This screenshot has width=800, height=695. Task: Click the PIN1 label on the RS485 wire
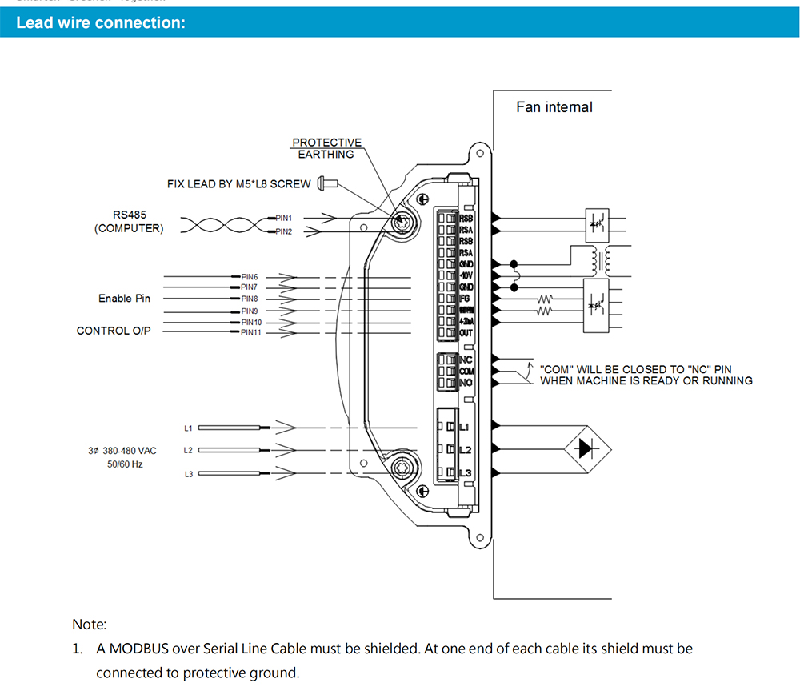284,218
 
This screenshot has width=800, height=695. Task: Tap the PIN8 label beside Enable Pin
250,299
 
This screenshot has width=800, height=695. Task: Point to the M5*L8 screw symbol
328,183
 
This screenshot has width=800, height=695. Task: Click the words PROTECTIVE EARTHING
326,148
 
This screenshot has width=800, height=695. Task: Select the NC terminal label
466,360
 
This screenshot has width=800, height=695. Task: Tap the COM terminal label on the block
466,372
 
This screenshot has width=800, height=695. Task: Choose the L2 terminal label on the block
466,450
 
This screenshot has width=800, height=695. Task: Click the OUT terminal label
466,332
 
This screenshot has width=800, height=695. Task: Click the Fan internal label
554,107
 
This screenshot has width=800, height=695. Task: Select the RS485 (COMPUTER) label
129,222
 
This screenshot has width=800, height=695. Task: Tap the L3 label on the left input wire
189,474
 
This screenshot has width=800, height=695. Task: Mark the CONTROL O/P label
114,331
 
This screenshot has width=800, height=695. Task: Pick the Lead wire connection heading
101,22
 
